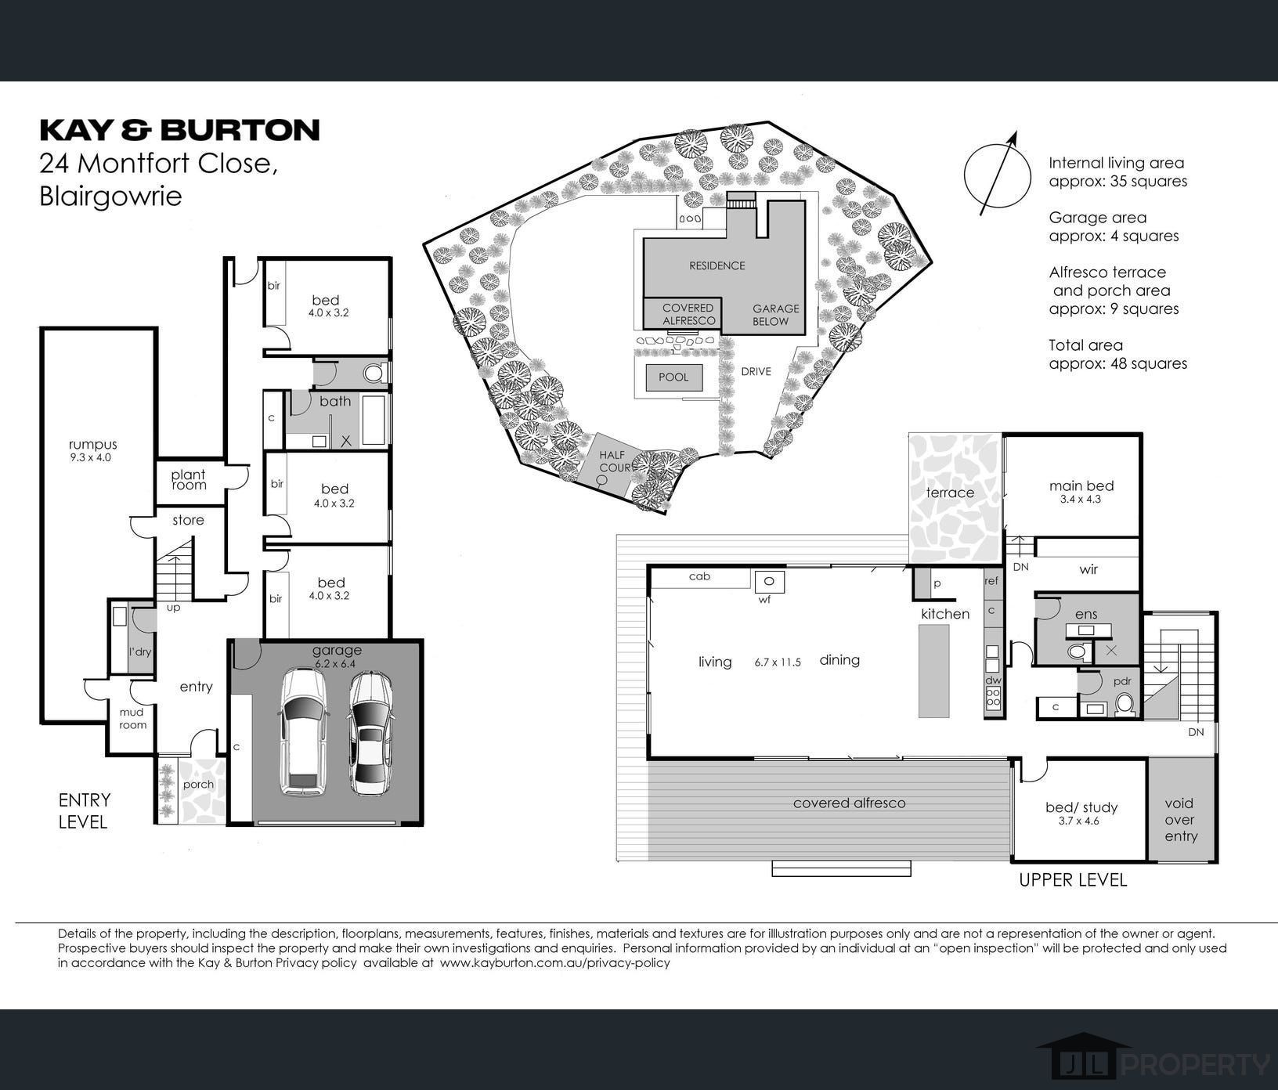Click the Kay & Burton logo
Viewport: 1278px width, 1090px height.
click(179, 129)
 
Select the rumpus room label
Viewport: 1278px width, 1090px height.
click(92, 445)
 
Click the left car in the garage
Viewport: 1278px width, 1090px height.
click(303, 731)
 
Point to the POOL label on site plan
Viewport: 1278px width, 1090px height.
click(673, 377)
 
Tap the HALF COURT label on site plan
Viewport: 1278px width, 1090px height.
click(616, 461)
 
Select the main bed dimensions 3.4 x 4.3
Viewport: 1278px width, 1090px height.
click(1081, 499)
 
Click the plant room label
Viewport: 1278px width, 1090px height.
click(188, 479)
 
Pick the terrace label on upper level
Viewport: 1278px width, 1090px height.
click(950, 493)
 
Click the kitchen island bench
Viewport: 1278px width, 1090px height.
click(933, 671)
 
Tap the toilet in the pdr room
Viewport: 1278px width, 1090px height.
click(1125, 704)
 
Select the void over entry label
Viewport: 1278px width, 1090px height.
click(1179, 819)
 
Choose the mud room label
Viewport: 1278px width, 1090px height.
click(132, 719)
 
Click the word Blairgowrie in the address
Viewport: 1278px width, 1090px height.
click(110, 196)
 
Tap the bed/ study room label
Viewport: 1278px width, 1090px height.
click(1081, 807)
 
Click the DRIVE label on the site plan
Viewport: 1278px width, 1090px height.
click(756, 371)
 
